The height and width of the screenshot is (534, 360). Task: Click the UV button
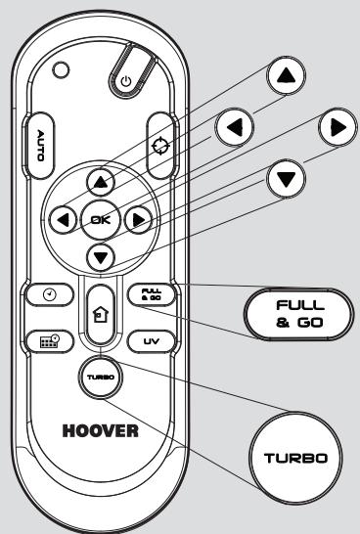point(149,341)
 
